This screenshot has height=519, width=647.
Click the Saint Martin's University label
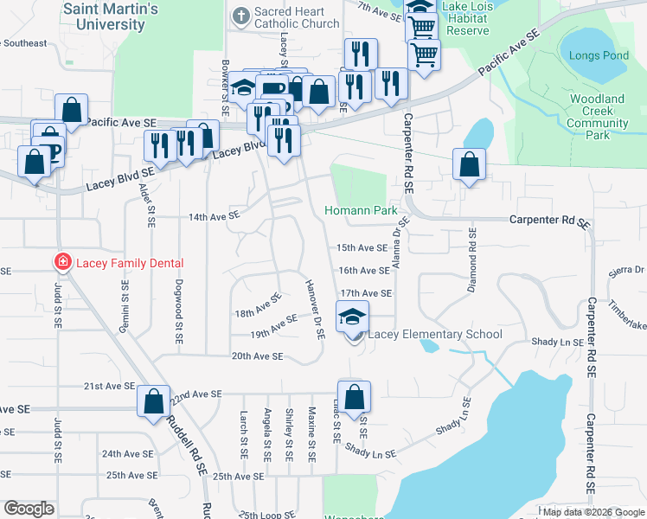pos(110,16)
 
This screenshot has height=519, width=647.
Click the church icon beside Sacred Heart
pos(240,15)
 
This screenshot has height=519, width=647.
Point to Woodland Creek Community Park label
pos(598,117)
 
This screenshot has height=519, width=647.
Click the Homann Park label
pos(360,210)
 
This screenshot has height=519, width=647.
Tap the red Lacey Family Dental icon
pos(61,262)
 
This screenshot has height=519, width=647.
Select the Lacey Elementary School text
pos(435,334)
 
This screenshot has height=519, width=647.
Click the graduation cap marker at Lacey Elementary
pos(352,317)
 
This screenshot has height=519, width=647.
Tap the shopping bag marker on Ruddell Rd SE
pos(154,402)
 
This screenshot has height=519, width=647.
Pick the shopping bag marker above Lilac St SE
pos(354,398)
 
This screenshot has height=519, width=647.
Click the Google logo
pos(29,509)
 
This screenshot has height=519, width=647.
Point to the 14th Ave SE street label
pos(215,217)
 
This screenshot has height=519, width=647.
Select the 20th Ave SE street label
pos(257,356)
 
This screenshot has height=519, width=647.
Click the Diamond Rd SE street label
pos(472,259)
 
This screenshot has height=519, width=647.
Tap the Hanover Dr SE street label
pos(313,309)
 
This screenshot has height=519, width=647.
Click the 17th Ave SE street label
pos(365,293)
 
